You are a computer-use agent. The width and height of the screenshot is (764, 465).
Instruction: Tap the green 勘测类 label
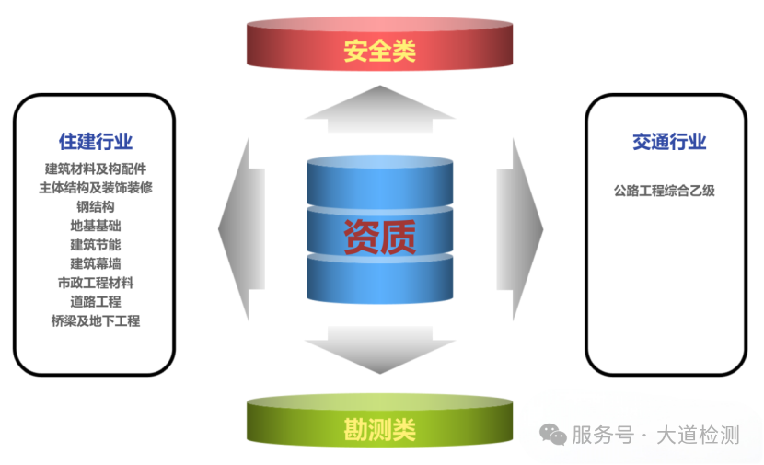coord(380,429)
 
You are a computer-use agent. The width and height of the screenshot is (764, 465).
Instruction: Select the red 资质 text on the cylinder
coord(380,238)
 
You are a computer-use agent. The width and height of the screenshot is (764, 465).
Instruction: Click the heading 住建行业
coord(96,142)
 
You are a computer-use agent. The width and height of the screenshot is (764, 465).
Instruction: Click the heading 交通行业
coord(669,142)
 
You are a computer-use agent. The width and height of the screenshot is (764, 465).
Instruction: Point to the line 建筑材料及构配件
coord(96,169)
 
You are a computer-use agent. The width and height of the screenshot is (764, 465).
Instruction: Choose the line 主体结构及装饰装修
coord(96,188)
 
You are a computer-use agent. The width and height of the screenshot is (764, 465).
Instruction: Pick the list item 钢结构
coord(96,207)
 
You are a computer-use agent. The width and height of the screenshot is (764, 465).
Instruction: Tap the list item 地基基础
coord(96,227)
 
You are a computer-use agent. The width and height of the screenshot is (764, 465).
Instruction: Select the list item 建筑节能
coord(96,245)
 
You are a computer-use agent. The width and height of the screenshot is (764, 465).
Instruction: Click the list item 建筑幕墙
coord(96,264)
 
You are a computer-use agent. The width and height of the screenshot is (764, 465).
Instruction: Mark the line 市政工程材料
coord(96,283)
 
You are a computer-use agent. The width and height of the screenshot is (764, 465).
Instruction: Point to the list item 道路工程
coord(96,302)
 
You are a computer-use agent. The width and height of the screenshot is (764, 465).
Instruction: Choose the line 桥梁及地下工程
coord(96,321)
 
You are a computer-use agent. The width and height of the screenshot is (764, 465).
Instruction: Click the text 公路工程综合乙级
coord(665,192)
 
